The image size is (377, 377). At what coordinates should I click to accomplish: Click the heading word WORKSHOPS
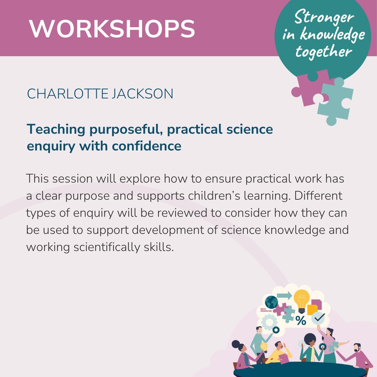tap(112, 29)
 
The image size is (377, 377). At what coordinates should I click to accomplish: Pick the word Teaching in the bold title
tap(56, 129)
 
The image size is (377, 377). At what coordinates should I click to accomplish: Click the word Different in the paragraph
tap(318, 196)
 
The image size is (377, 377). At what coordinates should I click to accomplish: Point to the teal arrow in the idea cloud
tap(284, 296)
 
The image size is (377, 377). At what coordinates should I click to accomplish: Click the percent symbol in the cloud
tap(301, 321)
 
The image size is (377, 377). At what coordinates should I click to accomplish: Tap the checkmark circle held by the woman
tap(318, 318)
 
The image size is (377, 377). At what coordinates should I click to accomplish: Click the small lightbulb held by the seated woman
tap(264, 347)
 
